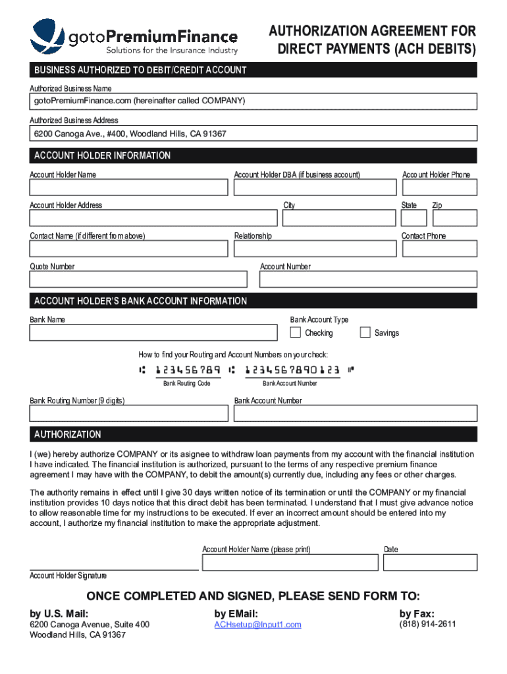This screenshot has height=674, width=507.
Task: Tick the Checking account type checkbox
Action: (x=296, y=332)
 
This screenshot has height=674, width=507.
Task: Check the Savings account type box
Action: (x=365, y=332)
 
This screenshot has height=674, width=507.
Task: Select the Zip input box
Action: (x=454, y=218)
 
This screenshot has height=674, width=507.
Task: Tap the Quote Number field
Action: (x=138, y=280)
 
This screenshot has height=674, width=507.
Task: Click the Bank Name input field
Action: (x=153, y=332)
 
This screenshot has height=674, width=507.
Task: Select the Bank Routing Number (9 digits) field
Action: (x=129, y=413)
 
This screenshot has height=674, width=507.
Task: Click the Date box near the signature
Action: (x=430, y=562)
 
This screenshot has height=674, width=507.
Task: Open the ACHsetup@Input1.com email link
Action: (x=257, y=625)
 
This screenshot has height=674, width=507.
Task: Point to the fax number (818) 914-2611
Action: (x=427, y=624)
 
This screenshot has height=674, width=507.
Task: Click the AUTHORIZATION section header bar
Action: (x=254, y=434)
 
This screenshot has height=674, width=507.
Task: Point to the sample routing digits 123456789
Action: (x=188, y=371)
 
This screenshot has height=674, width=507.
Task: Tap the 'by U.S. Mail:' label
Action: (x=59, y=613)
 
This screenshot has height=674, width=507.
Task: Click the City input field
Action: (x=338, y=218)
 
